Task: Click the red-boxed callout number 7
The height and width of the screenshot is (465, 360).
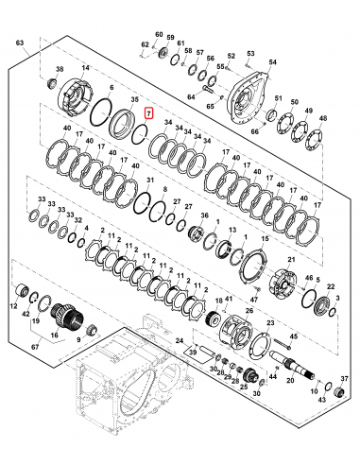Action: click(x=146, y=112)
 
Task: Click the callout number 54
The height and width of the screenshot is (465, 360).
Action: click(x=273, y=61)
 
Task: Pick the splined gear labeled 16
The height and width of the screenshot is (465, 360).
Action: click(x=68, y=314)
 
